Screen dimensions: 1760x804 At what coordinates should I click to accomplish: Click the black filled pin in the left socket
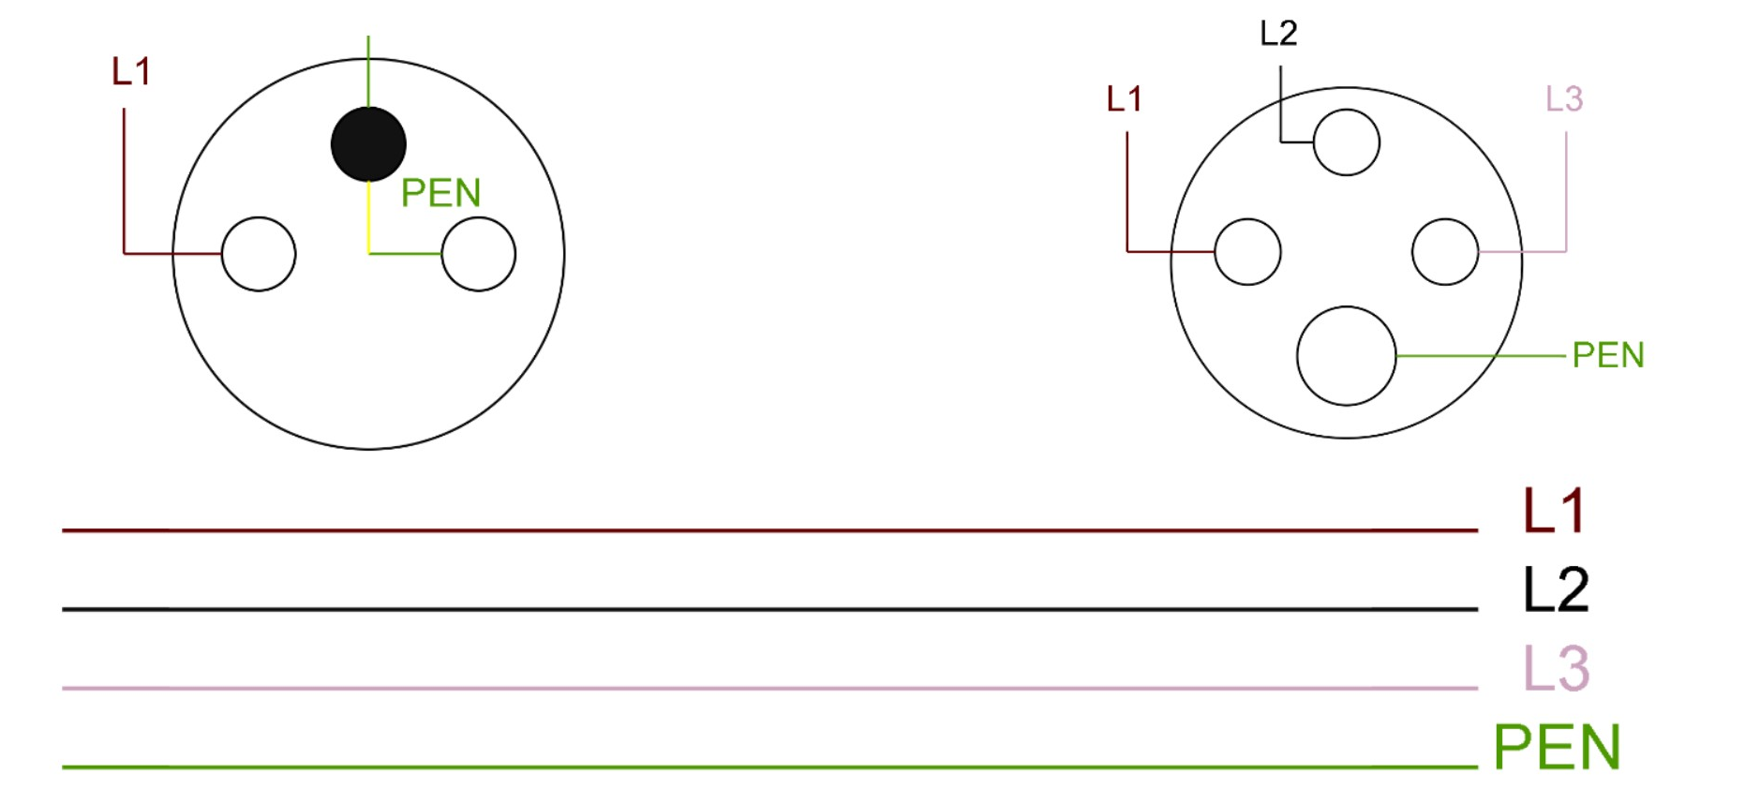tap(368, 144)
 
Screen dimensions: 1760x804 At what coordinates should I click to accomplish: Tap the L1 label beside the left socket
tap(131, 72)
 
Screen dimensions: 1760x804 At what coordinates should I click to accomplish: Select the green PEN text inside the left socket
tap(440, 193)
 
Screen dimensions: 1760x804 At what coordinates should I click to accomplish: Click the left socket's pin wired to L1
tap(259, 254)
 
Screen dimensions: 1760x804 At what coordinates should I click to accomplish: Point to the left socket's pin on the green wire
tap(478, 254)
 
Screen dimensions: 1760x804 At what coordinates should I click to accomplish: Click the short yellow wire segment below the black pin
tap(368, 217)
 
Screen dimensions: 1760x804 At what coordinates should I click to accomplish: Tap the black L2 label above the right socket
tap(1278, 34)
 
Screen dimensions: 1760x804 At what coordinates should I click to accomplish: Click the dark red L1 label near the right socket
tap(1124, 99)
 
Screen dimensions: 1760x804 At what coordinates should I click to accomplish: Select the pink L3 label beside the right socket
tap(1563, 99)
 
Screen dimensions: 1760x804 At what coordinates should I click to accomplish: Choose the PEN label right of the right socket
tap(1608, 356)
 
